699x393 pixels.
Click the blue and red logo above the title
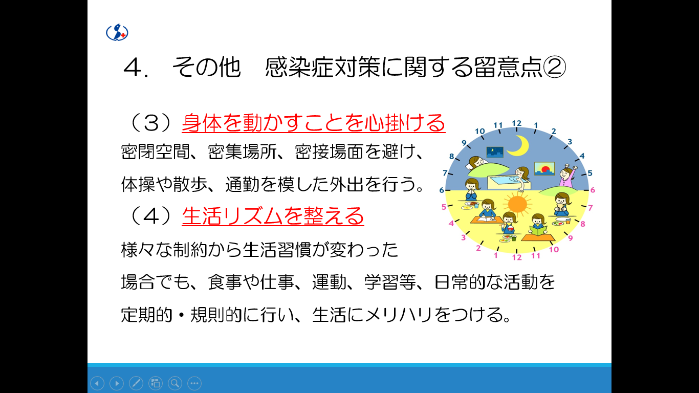[x=117, y=32]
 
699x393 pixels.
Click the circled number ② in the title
[x=555, y=67]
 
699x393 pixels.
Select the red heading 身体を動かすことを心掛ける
[x=313, y=123]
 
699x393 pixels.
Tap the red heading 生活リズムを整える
[x=273, y=216]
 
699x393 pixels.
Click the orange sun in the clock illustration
[x=517, y=204]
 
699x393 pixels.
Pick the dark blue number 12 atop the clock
[x=516, y=123]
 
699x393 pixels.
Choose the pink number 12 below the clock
[x=517, y=257]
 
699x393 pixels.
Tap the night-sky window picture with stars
[x=495, y=151]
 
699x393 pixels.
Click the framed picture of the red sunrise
[x=544, y=168]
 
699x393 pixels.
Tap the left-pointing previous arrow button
[x=97, y=383]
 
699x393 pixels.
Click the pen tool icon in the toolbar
[x=136, y=383]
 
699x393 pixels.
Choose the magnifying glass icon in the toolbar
[x=175, y=383]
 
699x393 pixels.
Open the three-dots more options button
[x=194, y=383]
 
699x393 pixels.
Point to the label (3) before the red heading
[x=150, y=123]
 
